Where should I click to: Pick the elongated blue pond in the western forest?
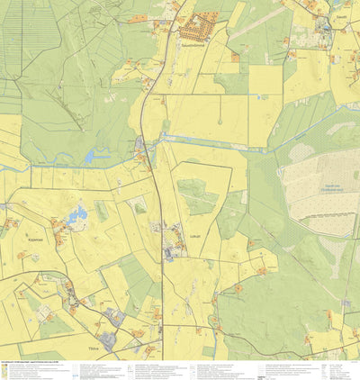pos(95,157)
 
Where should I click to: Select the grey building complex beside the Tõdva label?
pos(111,340)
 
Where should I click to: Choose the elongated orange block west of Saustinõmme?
pos(138,17)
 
